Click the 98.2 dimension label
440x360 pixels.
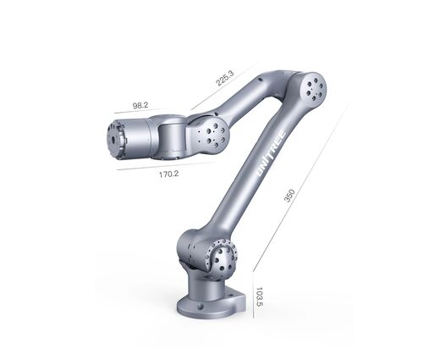140,106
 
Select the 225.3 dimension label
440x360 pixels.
225,78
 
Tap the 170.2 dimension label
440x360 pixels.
168,174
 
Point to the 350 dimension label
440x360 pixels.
289,196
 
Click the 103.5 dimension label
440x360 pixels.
259,297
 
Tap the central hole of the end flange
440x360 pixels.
113,140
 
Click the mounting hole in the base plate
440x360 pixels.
201,307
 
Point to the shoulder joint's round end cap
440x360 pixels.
223,256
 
